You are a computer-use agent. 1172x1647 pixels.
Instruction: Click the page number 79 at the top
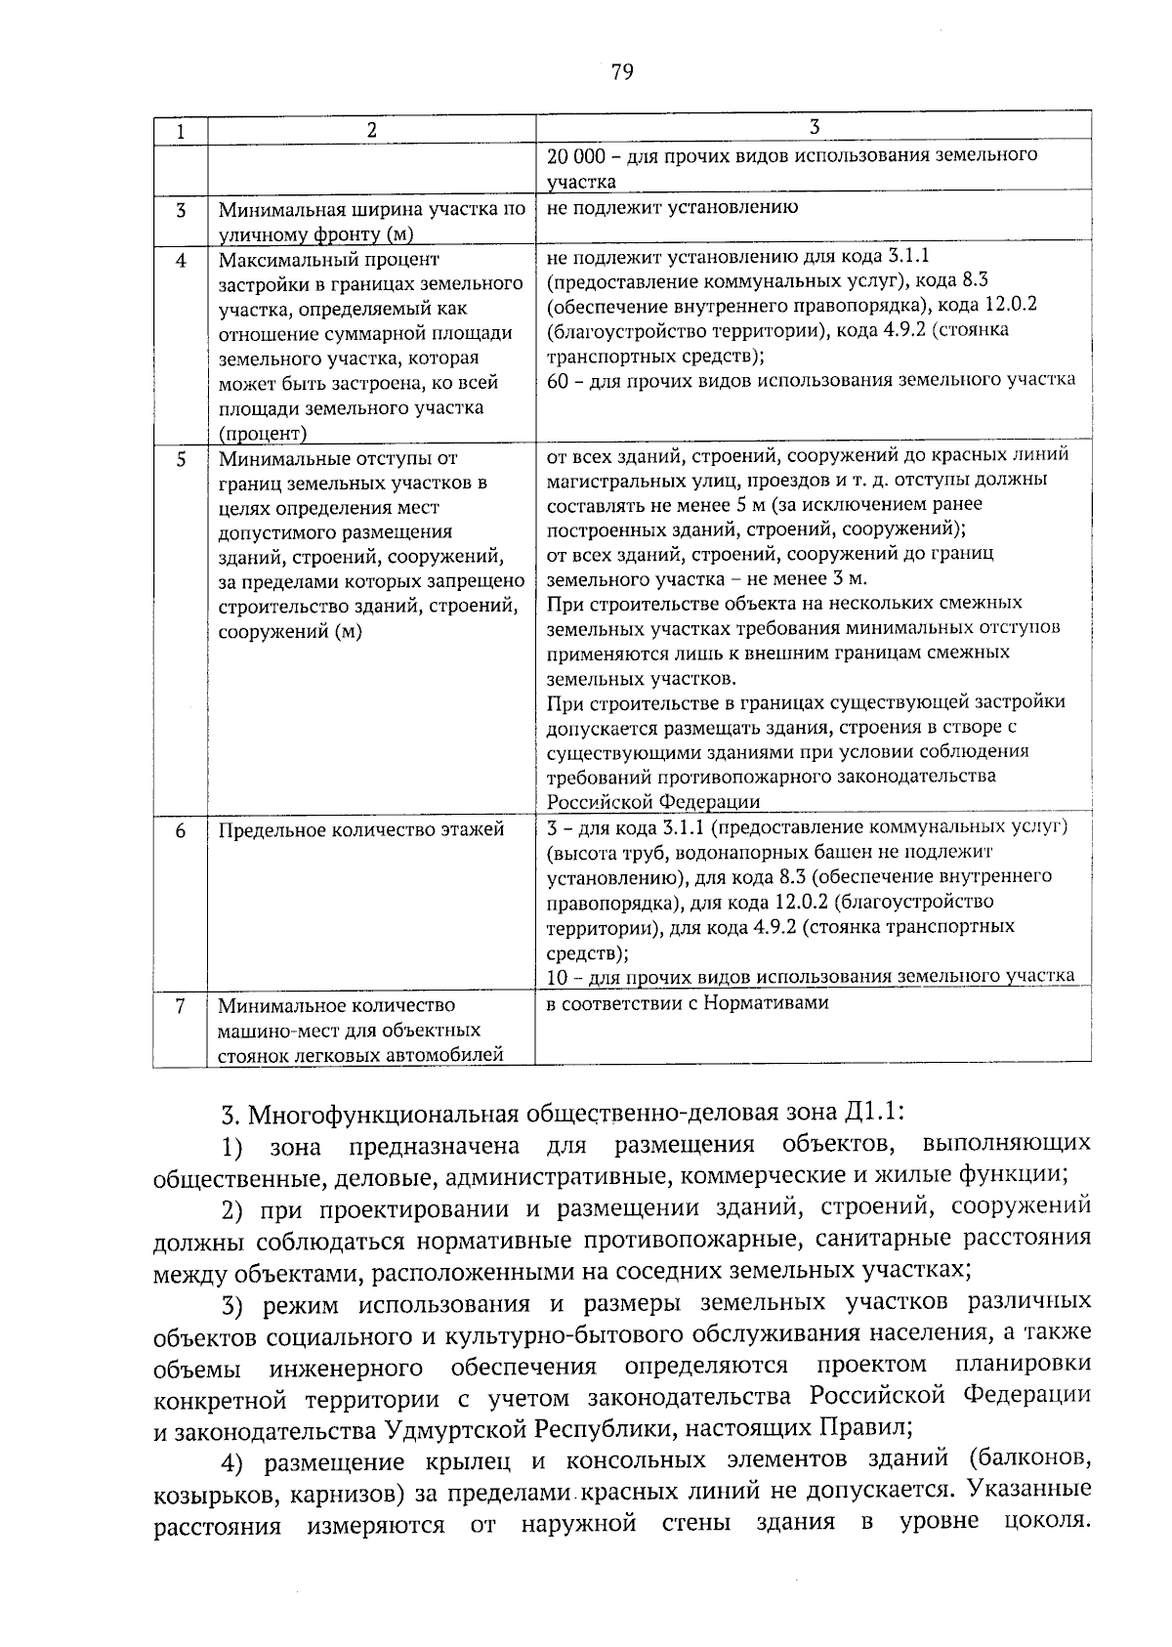tap(622, 72)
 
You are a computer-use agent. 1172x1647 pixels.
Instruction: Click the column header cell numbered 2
tap(371, 131)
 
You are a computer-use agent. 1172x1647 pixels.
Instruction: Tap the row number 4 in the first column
tap(181, 261)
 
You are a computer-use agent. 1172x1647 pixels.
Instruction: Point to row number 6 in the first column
tap(181, 829)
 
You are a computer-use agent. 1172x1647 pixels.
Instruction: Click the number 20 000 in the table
tap(578, 155)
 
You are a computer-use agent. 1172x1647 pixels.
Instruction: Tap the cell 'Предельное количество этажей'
tap(361, 829)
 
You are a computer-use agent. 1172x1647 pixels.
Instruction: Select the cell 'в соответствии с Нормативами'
tap(688, 1003)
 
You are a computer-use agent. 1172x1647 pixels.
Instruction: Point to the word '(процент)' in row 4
tap(262, 434)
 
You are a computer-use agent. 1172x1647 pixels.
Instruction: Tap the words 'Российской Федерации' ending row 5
tap(652, 802)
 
